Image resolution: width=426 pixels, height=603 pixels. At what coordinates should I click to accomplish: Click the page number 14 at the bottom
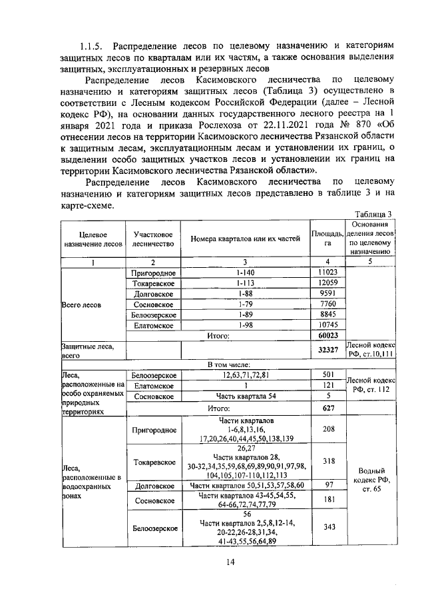tap(230, 562)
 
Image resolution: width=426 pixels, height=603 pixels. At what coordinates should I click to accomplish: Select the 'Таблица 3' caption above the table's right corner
tap(373, 214)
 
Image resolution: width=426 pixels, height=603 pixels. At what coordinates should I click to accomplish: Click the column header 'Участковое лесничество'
tap(154, 239)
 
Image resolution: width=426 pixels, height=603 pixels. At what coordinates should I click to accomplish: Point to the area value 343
tap(327, 527)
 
